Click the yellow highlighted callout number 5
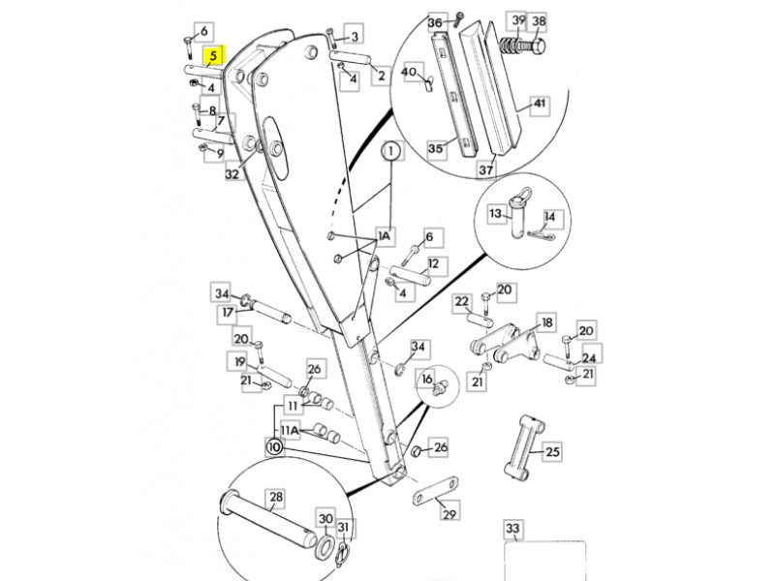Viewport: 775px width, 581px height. pos(213,56)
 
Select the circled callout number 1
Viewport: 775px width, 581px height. pos(391,151)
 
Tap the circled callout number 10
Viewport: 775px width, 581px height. pos(274,447)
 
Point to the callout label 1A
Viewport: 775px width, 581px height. pos(384,236)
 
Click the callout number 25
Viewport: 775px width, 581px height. pos(552,451)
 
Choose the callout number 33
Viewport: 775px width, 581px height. pos(512,529)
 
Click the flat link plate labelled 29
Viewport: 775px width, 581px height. pos(436,490)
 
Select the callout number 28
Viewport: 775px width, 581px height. pos(276,498)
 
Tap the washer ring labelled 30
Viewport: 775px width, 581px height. pos(325,545)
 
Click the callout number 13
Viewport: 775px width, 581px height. pos(495,213)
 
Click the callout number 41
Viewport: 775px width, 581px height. pos(540,104)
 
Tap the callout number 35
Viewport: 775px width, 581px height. pos(435,148)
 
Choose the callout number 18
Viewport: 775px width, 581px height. pos(546,322)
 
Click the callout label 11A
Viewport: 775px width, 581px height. pos(289,431)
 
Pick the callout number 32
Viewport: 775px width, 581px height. pos(232,173)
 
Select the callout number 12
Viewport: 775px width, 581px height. pos(433,263)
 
